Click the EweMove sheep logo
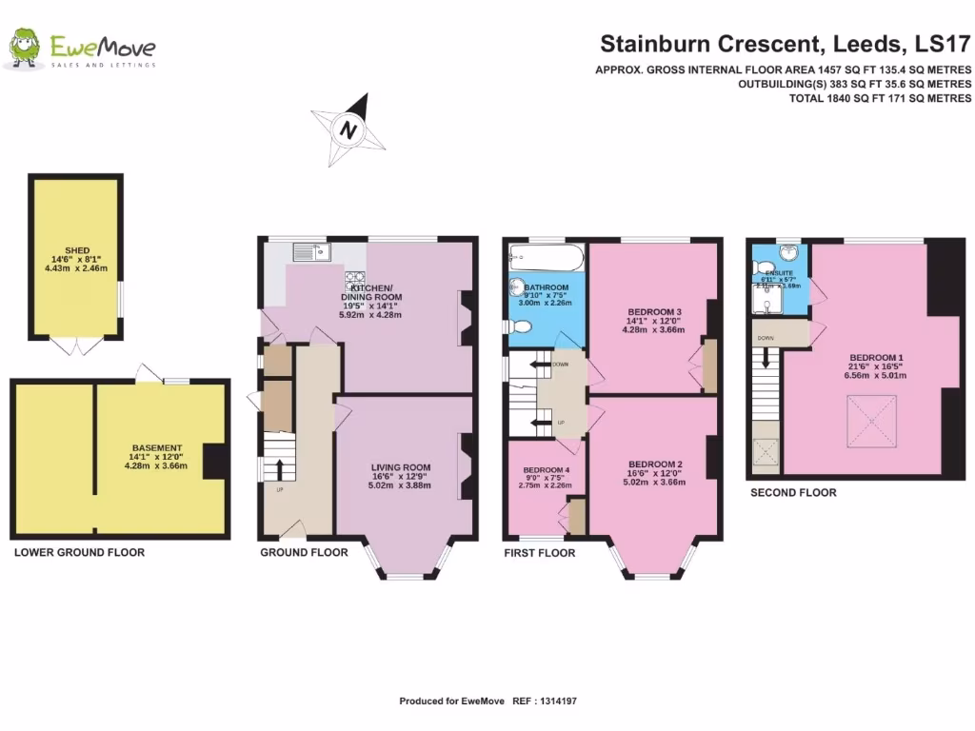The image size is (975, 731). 27,49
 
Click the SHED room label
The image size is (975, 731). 77,251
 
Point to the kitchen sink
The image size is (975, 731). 310,252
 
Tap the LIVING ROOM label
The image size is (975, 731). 401,467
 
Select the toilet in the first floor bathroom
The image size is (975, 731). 519,326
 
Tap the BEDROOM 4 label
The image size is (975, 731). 546,469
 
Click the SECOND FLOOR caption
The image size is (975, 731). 793,492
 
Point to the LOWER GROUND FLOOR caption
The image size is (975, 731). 79,552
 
